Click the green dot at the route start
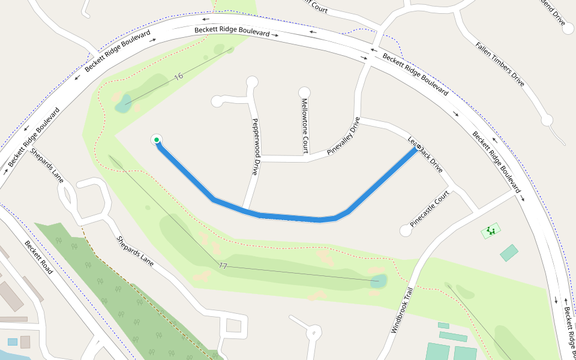[x=156, y=140]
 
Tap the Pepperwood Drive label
[x=255, y=145]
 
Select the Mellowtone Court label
[x=305, y=125]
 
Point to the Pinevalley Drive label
[x=343, y=137]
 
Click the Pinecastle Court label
[x=430, y=208]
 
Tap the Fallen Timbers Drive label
[x=500, y=64]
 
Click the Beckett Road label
[x=39, y=257]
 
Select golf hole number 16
[x=178, y=76]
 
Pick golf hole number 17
[x=223, y=265]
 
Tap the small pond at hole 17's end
[x=379, y=281]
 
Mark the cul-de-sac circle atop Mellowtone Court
[x=304, y=92]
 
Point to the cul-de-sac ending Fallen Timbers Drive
[x=547, y=120]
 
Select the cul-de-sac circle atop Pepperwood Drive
[x=252, y=81]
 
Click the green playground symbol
[x=491, y=230]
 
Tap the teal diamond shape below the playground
[x=509, y=253]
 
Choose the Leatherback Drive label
[x=425, y=155]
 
